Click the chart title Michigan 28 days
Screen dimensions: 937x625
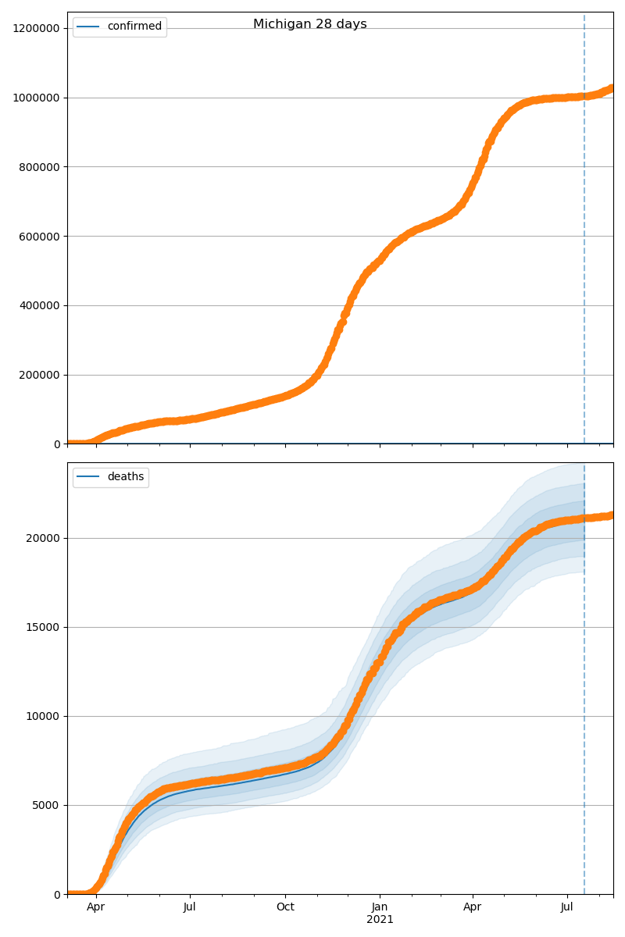pyautogui.click(x=309, y=24)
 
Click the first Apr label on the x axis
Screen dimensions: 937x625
pyautogui.click(x=95, y=907)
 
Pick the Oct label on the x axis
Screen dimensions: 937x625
pyautogui.click(x=285, y=907)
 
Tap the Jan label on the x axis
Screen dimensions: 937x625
pyautogui.click(x=380, y=907)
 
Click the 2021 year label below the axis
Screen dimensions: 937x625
pyautogui.click(x=380, y=920)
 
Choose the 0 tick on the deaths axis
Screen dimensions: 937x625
pyautogui.click(x=56, y=894)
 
